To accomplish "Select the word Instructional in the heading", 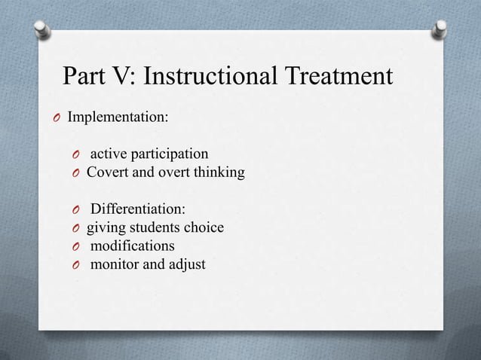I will (215, 77).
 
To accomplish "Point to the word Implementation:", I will (118, 118).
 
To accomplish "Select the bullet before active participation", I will (76, 156).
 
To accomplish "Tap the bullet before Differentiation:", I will (76, 209).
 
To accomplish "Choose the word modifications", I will (133, 246).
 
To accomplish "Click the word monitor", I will (115, 264).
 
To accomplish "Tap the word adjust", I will (186, 264).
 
